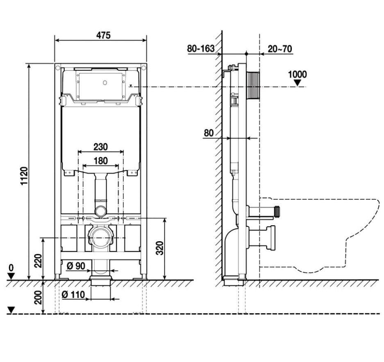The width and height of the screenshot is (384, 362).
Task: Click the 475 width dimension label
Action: coord(103,35)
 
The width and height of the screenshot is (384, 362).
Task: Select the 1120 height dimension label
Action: coord(24,176)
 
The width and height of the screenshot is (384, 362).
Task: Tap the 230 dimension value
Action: coord(100,147)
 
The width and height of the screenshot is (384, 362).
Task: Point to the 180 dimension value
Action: coord(101,161)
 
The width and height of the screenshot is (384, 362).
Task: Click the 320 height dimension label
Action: coord(160,248)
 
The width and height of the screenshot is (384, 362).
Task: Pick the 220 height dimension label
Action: coord(38,261)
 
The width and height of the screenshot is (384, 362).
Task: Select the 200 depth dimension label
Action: coord(38,297)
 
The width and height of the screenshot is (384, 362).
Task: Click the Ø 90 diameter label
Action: coord(76,266)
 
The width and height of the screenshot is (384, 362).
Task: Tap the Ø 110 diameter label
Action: coord(73,294)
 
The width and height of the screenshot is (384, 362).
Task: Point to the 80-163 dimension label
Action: coord(201,48)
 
